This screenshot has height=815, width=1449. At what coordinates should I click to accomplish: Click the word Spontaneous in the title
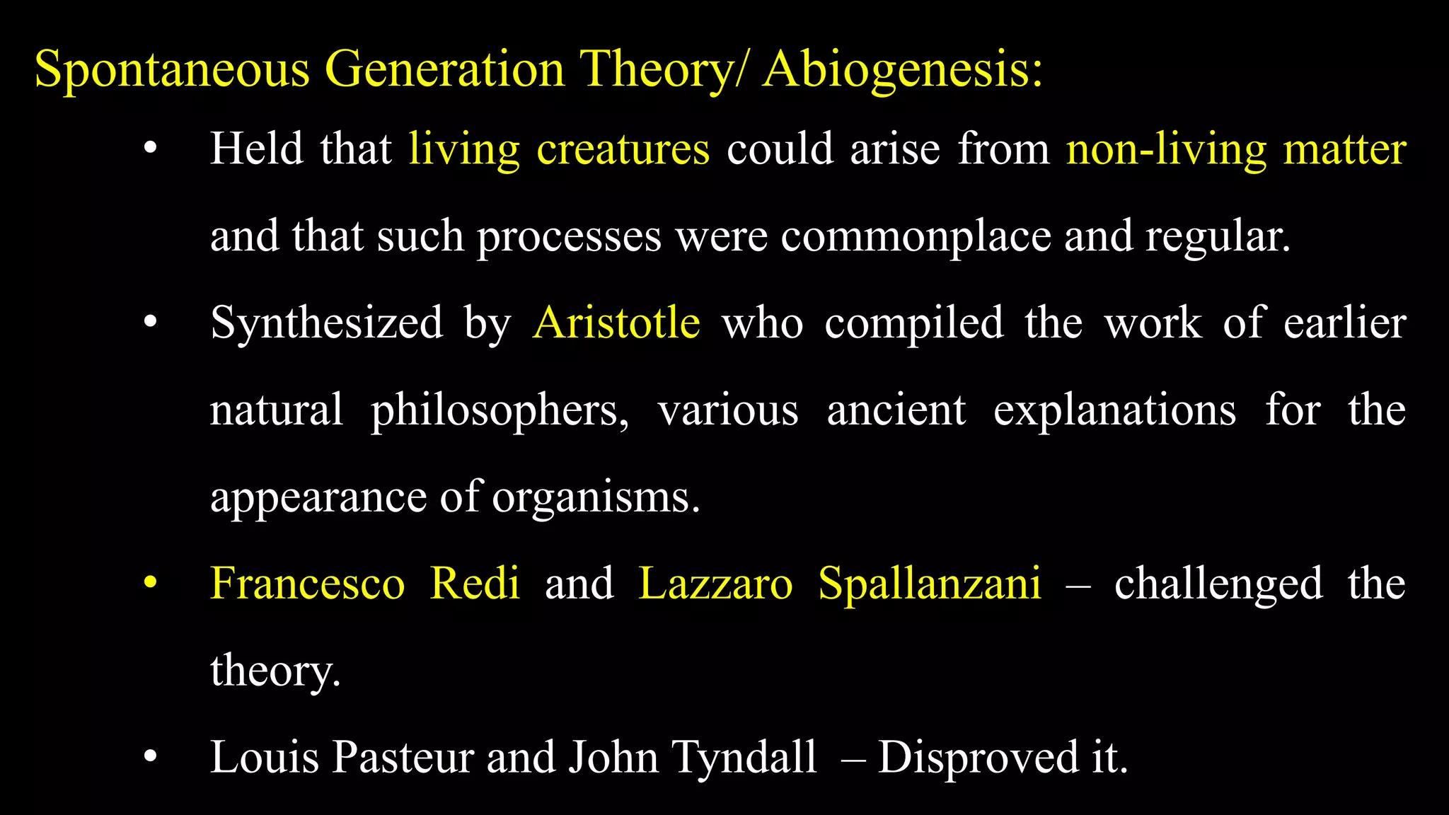[172, 71]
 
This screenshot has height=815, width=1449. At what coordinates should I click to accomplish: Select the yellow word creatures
[623, 149]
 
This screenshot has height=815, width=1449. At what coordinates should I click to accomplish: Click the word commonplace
[916, 236]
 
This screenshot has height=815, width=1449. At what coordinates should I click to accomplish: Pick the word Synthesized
[327, 323]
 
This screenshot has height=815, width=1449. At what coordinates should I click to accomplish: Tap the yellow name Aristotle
[616, 323]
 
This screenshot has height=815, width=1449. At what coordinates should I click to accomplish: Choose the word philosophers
[500, 411]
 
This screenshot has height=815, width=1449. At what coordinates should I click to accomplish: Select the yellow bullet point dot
[150, 584]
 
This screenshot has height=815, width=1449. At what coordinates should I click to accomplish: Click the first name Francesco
[308, 584]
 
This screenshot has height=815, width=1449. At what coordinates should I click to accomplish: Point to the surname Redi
[475, 584]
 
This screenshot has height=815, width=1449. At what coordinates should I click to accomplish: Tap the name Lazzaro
[715, 584]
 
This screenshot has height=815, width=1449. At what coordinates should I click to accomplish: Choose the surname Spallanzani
[930, 584]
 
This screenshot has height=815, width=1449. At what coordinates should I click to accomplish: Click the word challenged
[1218, 584]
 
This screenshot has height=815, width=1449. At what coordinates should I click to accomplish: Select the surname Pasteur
[403, 758]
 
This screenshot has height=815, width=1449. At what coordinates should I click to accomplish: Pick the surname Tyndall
[744, 758]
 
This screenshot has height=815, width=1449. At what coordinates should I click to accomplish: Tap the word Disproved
[978, 758]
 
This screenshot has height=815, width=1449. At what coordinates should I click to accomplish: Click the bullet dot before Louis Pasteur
[150, 758]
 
